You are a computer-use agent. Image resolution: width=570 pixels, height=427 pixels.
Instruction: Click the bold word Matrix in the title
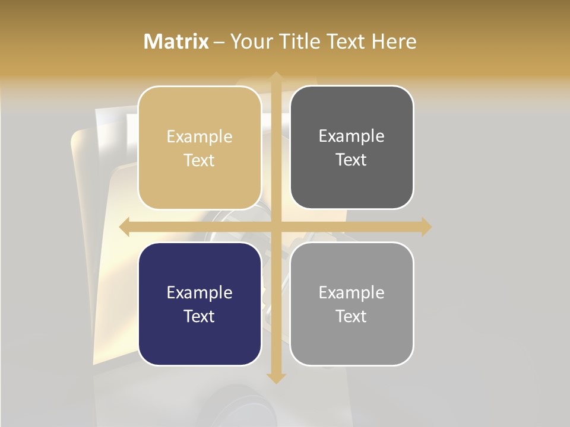(x=176, y=42)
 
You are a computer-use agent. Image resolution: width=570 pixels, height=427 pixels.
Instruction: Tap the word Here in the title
(x=394, y=42)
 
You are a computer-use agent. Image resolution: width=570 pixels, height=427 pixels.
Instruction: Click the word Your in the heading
(x=249, y=42)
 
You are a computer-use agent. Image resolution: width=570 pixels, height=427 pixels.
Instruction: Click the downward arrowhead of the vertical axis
(x=276, y=378)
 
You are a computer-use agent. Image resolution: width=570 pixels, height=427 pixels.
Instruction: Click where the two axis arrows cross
(x=276, y=227)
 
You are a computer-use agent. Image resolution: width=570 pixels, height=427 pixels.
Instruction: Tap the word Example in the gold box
(x=199, y=137)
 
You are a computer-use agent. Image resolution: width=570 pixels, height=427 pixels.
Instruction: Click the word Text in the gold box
(x=199, y=161)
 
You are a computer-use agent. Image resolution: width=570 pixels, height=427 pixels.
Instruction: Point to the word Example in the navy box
(x=199, y=293)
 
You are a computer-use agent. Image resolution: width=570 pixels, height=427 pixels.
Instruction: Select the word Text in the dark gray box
(x=351, y=160)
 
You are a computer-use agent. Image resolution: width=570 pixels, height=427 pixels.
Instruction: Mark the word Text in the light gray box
(x=351, y=317)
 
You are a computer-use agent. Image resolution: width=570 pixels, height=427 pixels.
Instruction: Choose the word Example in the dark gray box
(x=351, y=136)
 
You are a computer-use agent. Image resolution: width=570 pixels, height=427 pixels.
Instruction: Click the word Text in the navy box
(x=199, y=317)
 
